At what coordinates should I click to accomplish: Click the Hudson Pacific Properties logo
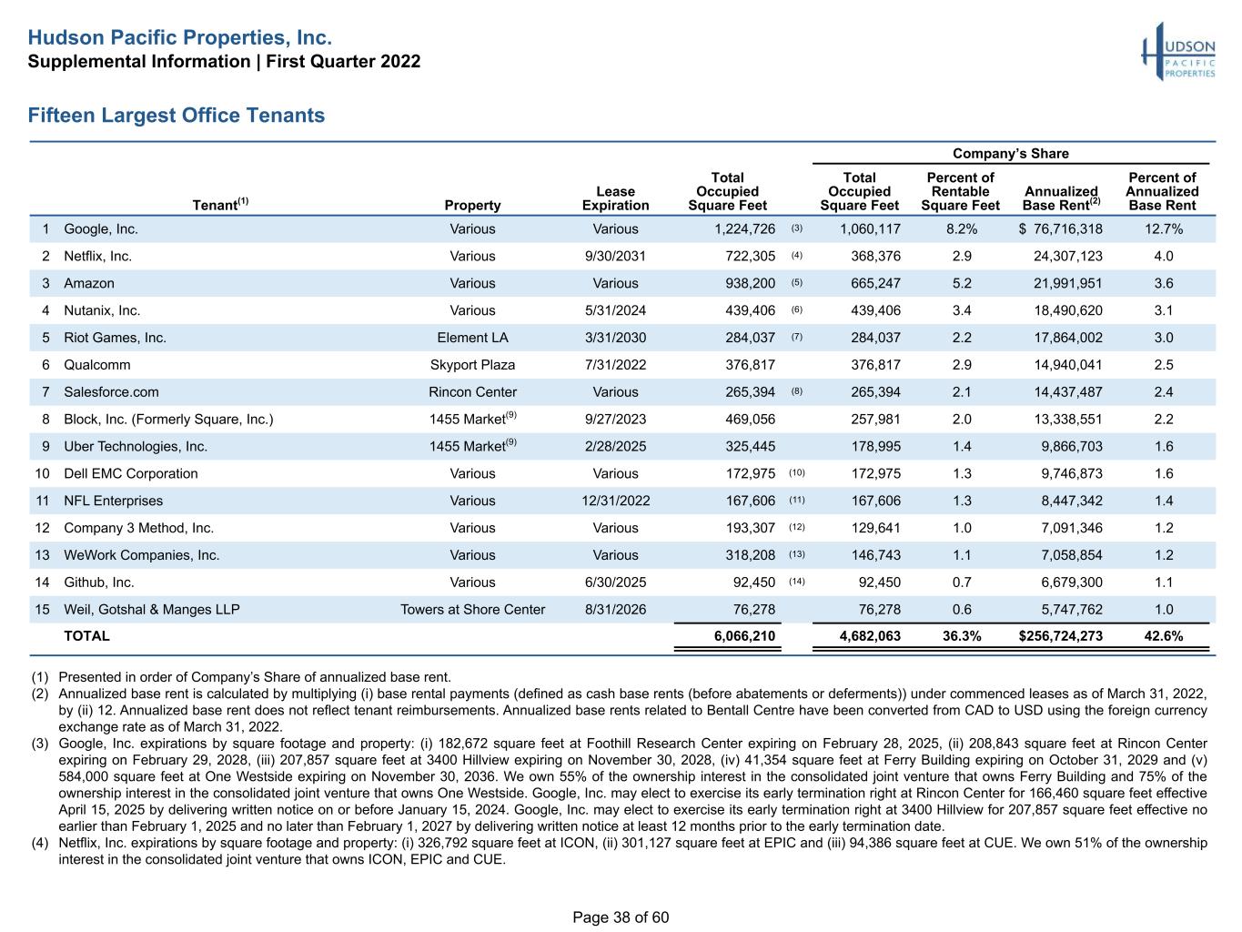pos(1177,52)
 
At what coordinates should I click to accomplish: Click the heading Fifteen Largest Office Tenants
pos(176,115)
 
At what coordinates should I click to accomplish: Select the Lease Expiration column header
pos(615,198)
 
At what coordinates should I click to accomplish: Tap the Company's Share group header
pos(1011,153)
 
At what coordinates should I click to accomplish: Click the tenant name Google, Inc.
pos(101,229)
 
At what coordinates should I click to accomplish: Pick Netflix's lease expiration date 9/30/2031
pos(615,257)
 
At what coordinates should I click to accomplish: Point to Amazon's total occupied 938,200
pos(751,283)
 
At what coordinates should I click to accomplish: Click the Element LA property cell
pos(472,338)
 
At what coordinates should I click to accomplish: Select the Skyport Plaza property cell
pos(472,365)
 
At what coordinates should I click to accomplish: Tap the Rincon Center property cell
pos(472,392)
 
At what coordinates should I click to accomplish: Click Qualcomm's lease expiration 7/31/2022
pos(615,365)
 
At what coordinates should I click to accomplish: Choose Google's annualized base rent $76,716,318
pos(1060,229)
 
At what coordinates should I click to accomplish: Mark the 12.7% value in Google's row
pos(1164,229)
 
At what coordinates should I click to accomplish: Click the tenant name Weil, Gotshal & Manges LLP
pos(152,610)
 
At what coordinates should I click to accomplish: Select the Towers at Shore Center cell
pos(472,610)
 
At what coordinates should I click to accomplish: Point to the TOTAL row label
pos(86,636)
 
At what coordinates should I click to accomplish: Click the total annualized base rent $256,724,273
pos(1060,636)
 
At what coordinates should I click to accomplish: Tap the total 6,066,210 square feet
pos(744,636)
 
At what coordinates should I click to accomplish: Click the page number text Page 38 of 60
pos(621,917)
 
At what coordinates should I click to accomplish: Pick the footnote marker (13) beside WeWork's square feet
pos(797,554)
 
